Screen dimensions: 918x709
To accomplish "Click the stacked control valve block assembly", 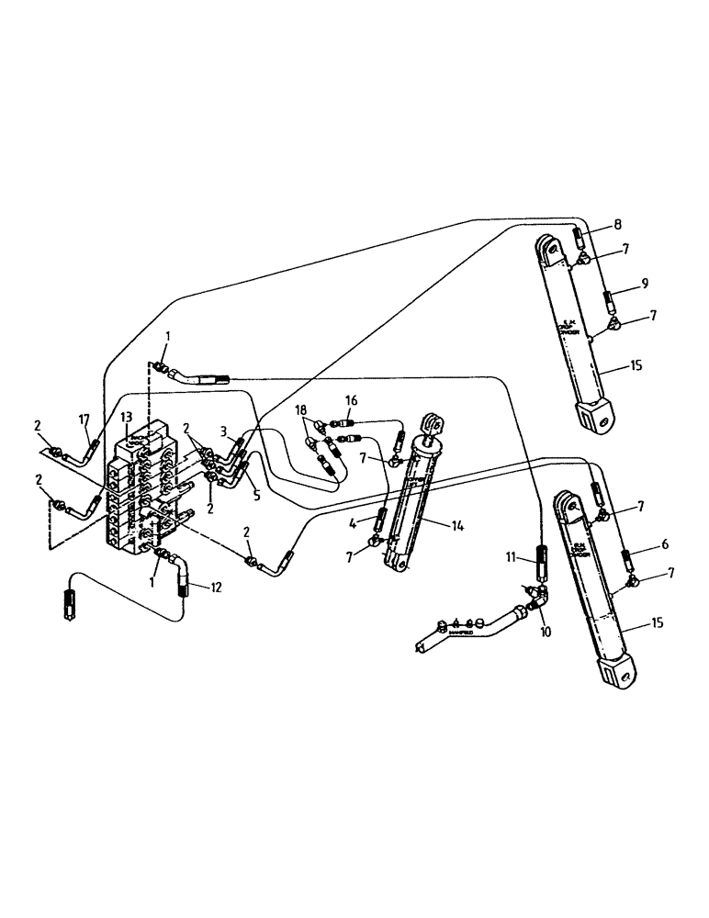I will coord(147,491).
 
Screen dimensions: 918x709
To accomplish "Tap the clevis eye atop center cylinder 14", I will coord(432,426).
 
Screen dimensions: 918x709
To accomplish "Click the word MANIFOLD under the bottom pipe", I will coord(461,633).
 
